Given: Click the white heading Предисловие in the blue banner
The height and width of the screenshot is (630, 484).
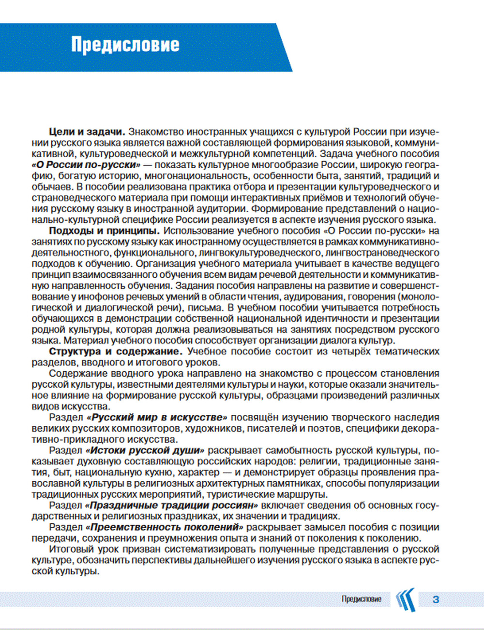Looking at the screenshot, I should point(125,45).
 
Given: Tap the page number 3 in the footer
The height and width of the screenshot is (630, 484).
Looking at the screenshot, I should point(436,599).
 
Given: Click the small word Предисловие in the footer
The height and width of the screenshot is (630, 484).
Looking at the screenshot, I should point(361,599).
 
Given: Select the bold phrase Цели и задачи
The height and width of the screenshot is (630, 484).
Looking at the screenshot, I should point(87,131).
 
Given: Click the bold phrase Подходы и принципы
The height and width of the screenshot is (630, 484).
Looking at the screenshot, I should point(105,231).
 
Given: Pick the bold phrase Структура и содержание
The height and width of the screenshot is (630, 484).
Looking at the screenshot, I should point(116,351).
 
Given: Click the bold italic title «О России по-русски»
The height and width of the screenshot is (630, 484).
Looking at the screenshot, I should point(86,165).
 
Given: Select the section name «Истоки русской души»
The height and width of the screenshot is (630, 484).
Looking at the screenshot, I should point(145,451).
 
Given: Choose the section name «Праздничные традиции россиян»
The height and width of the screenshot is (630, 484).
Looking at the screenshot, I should point(171,505).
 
